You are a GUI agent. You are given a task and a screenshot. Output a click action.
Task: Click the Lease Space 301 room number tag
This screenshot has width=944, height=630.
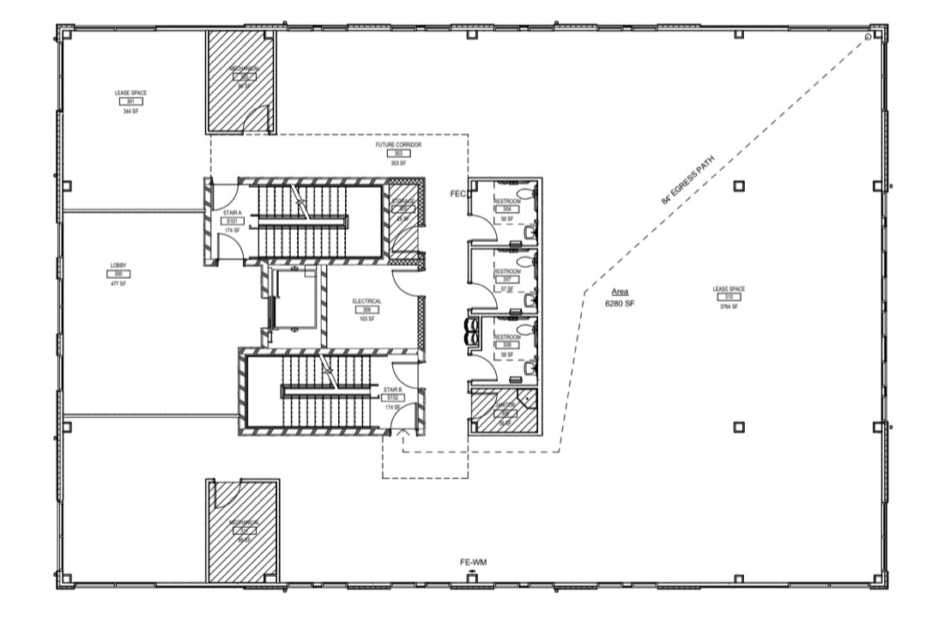(x=130, y=101)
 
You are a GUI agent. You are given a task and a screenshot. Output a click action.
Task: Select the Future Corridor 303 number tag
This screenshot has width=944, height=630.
(x=397, y=154)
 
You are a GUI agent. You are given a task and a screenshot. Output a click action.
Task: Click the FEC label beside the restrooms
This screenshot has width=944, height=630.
(x=457, y=195)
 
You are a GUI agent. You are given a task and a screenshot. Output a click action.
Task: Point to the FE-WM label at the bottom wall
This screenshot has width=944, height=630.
(x=473, y=562)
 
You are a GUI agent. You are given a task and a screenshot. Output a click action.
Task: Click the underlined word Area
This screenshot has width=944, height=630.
(x=620, y=292)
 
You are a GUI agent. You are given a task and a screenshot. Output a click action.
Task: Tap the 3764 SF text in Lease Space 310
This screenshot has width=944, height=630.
(x=728, y=305)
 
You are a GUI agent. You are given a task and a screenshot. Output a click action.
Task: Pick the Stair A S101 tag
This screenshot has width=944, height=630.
(x=231, y=221)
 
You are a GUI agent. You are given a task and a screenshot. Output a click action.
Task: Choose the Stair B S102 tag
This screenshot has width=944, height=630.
(x=392, y=397)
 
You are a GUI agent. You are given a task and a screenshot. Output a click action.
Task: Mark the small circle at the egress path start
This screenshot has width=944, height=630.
(x=868, y=37)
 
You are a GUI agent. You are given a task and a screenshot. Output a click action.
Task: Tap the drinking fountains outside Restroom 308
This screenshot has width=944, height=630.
(x=471, y=330)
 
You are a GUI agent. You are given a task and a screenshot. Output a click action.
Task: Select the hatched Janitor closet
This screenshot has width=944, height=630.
(x=502, y=412)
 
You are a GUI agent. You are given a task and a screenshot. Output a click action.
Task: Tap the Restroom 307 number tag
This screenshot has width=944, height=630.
(x=505, y=280)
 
